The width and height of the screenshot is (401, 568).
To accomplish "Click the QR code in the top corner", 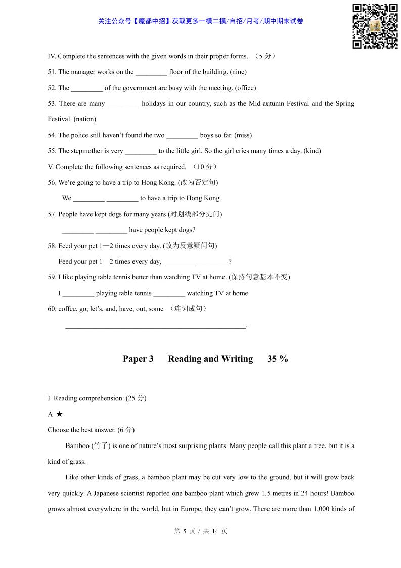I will [x=375, y=26].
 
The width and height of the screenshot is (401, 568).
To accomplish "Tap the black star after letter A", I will [x=59, y=414].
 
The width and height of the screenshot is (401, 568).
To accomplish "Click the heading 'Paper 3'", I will [x=138, y=359].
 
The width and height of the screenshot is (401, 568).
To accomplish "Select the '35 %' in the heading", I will [x=278, y=359].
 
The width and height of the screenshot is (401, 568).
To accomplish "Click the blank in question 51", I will [x=151, y=72].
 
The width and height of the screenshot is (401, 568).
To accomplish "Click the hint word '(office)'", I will [x=245, y=88].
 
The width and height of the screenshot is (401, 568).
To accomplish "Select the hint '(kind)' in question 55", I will [x=312, y=151].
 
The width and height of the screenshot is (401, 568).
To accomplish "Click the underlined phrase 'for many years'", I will [x=145, y=214].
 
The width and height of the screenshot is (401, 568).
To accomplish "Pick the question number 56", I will [x=52, y=182].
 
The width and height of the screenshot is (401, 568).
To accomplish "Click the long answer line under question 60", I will [x=155, y=326].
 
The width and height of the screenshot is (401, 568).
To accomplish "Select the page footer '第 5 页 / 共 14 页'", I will [x=200, y=531].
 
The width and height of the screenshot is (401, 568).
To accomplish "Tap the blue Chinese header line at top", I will [x=200, y=21].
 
